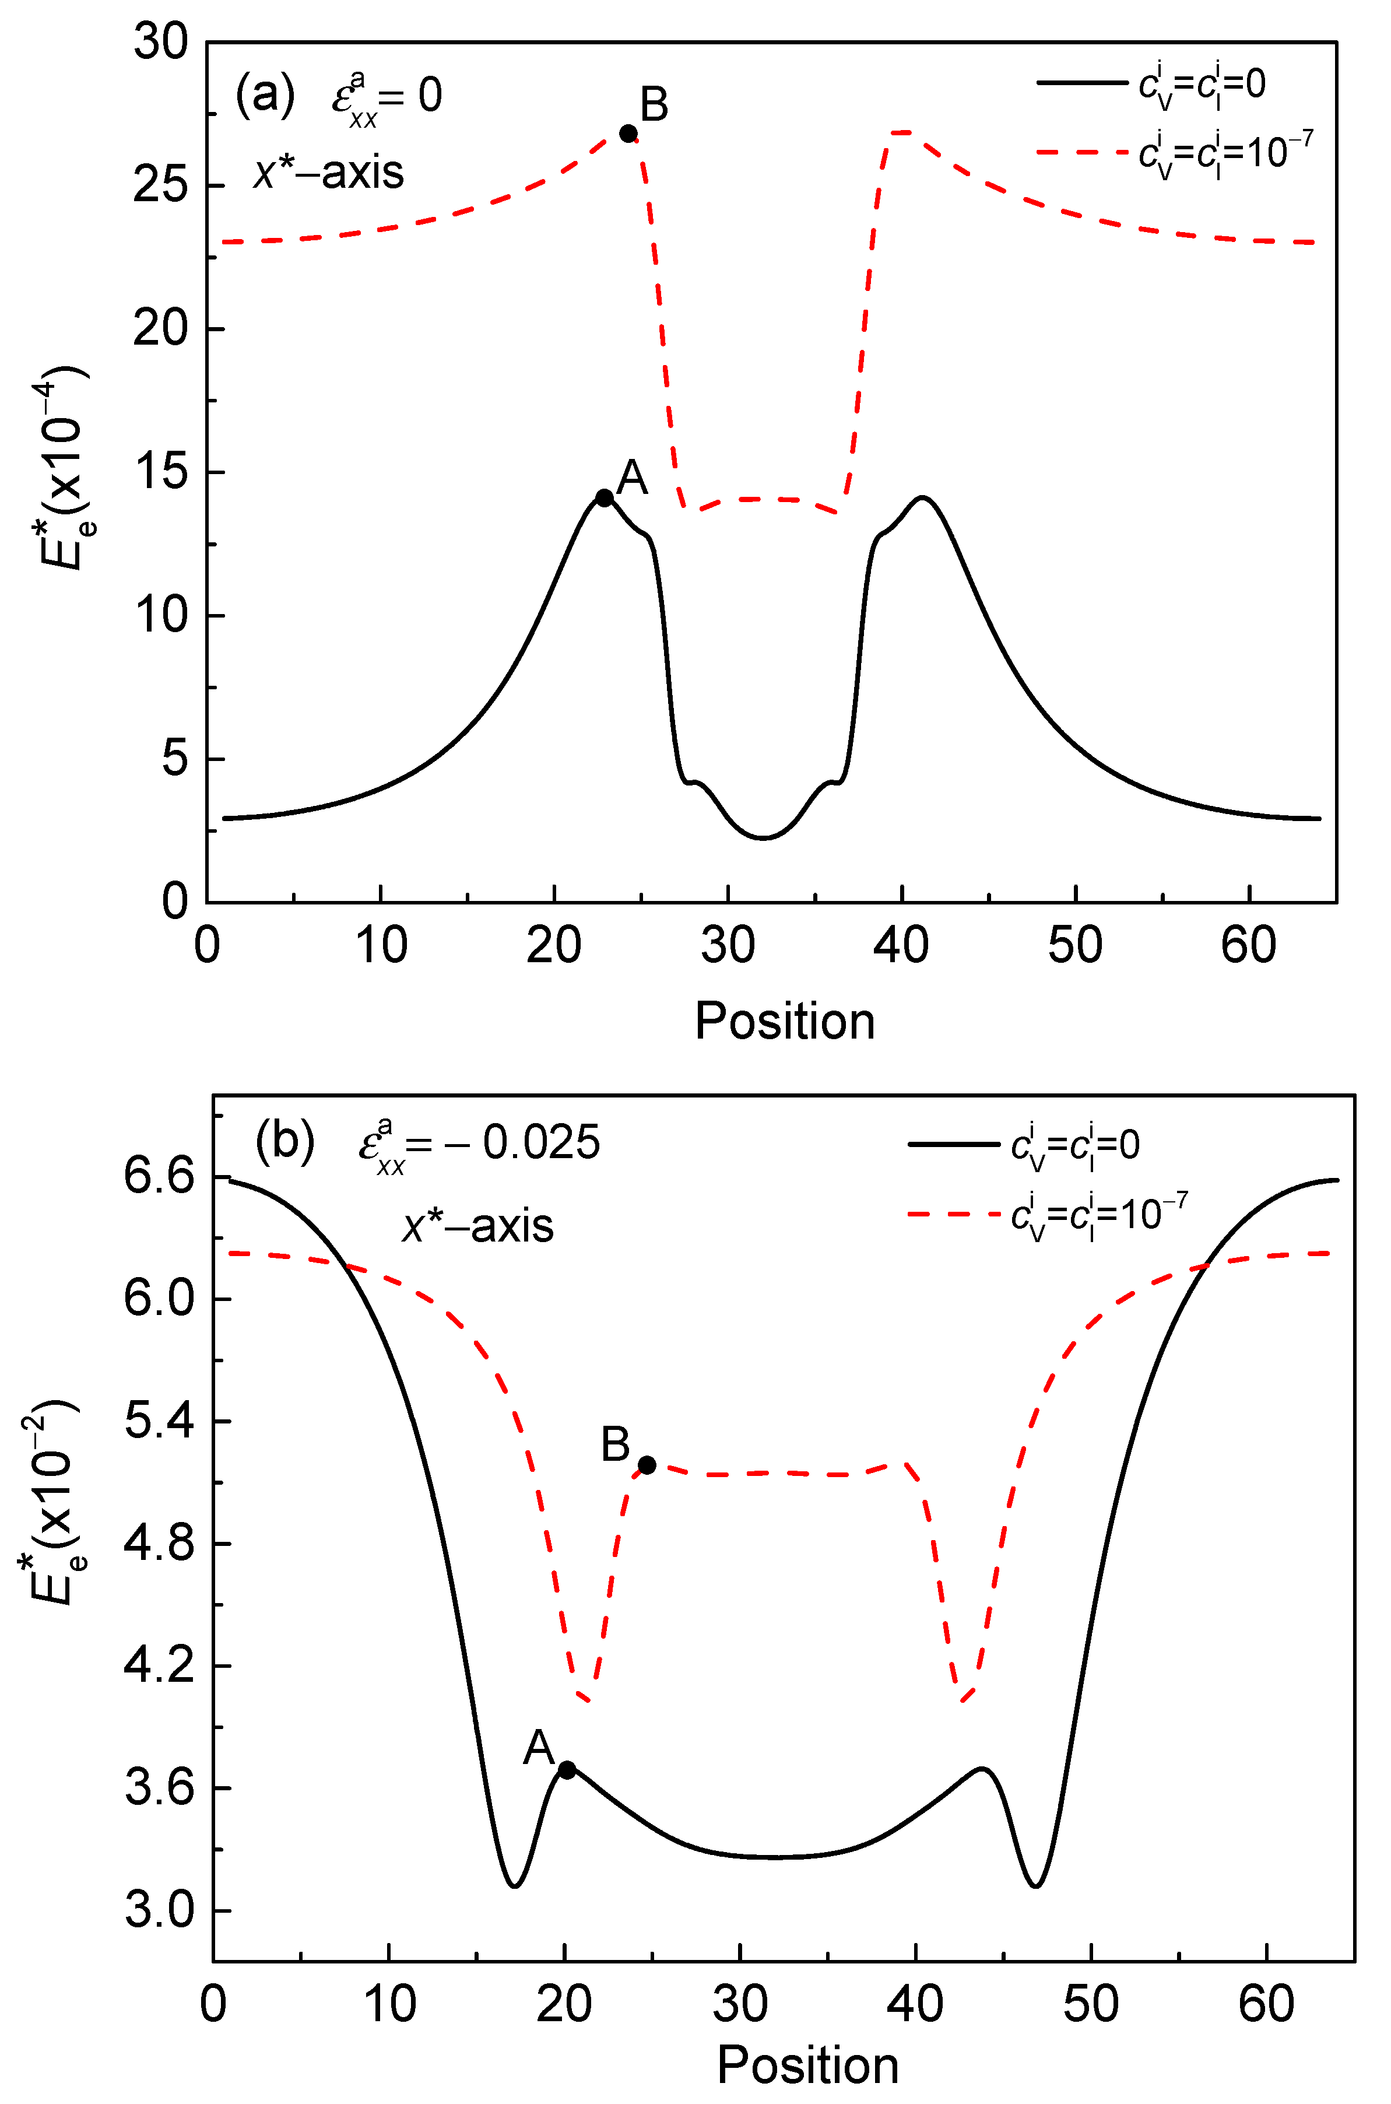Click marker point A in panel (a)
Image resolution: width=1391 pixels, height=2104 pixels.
pyautogui.click(x=604, y=498)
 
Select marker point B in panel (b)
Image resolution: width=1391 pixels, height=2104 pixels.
pyautogui.click(x=647, y=1465)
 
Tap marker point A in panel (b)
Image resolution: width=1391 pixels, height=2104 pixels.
pyautogui.click(x=567, y=1769)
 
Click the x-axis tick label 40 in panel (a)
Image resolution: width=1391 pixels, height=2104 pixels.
pyautogui.click(x=901, y=945)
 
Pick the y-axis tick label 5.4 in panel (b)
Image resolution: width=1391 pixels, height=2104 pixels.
pyautogui.click(x=159, y=1422)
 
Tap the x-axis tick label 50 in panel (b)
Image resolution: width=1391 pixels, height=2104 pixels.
pyautogui.click(x=1090, y=2005)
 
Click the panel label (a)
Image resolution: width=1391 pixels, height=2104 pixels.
pyautogui.click(x=264, y=94)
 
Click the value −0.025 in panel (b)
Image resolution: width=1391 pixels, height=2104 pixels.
pyautogui.click(x=524, y=1143)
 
